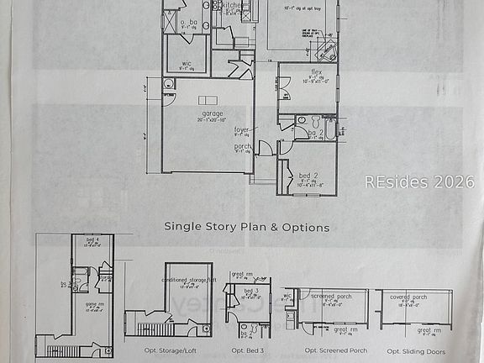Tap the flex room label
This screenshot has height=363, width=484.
[317, 72]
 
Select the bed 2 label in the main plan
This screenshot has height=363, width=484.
[308, 176]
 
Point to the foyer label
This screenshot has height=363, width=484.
[242, 130]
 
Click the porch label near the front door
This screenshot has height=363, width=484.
[242, 147]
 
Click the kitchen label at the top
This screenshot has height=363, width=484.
[232, 4]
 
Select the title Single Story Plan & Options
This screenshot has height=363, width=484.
[246, 227]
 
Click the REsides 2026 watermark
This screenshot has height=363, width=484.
[419, 181]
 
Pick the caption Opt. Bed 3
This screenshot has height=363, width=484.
[249, 351]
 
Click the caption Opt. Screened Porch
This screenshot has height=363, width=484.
[333, 351]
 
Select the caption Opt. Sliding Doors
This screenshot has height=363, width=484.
[417, 351]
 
